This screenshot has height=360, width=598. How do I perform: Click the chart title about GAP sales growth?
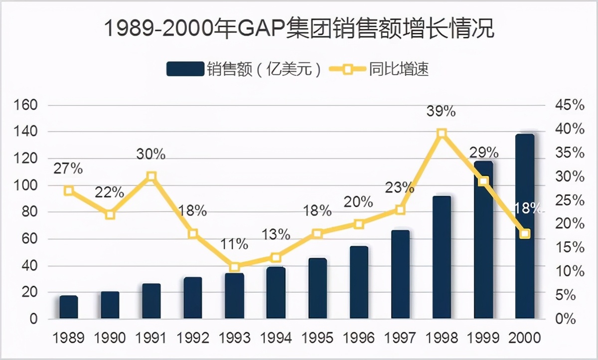(299, 29)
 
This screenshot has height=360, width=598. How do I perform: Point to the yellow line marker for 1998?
(442, 133)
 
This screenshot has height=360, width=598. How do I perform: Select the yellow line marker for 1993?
(235, 267)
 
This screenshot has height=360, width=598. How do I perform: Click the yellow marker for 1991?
(152, 176)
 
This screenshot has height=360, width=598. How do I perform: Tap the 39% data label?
(441, 111)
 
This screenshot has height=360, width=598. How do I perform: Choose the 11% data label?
(235, 244)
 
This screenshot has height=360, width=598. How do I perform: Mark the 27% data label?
(68, 169)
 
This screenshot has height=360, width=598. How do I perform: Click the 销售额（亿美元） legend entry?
(246, 69)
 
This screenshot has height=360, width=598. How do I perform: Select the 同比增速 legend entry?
(384, 69)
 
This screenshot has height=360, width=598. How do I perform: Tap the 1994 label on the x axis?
(276, 338)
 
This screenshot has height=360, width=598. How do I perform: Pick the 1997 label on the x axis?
(400, 338)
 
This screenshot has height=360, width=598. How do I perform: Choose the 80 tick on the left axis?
(28, 212)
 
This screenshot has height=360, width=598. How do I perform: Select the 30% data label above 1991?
(151, 154)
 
